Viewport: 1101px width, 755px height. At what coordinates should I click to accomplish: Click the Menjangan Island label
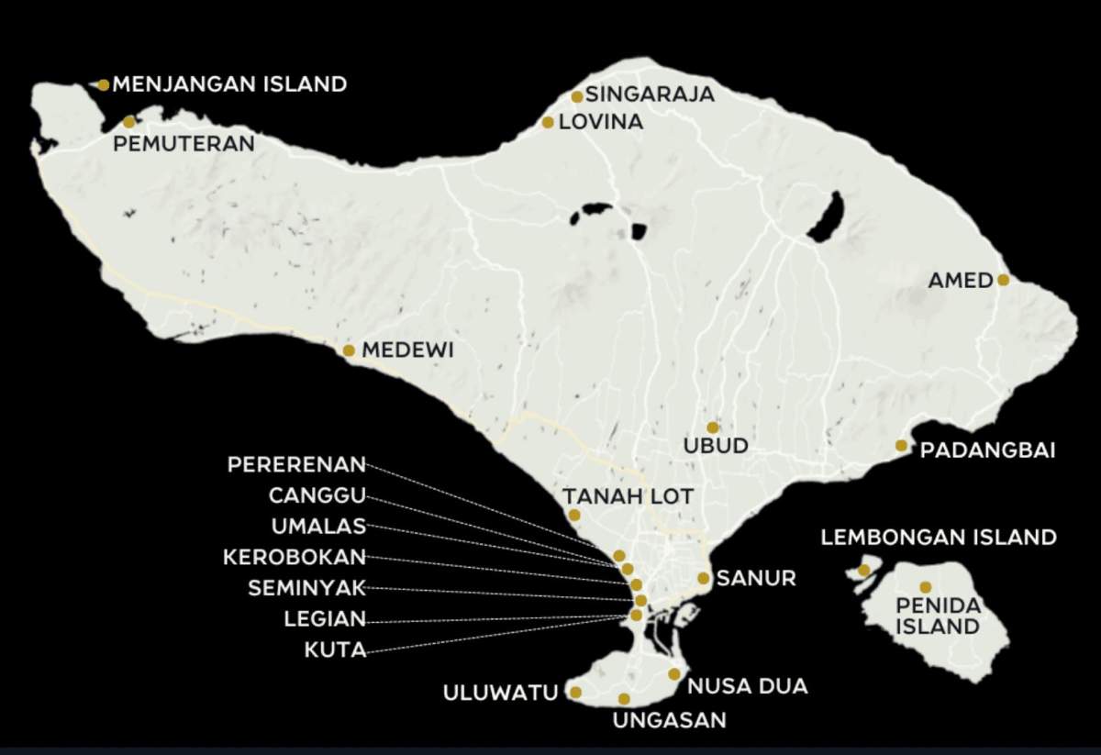[229, 84]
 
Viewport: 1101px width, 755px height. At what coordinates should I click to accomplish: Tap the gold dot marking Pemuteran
[129, 122]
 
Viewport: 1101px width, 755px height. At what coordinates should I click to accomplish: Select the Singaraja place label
[650, 94]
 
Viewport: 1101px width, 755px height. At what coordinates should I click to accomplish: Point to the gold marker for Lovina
[548, 122]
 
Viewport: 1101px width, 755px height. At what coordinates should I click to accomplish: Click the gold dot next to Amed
[1003, 280]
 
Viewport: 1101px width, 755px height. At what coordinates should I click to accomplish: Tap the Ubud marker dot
[713, 427]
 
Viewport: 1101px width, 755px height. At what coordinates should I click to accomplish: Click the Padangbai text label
[987, 450]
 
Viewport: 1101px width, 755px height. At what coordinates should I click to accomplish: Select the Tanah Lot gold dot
[574, 516]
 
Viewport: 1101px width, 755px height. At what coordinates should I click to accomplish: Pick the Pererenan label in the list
[296, 464]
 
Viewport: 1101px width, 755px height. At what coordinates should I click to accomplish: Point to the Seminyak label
[306, 588]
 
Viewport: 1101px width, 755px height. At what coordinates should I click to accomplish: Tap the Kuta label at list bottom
[335, 650]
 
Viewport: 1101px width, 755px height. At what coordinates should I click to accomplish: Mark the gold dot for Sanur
[703, 578]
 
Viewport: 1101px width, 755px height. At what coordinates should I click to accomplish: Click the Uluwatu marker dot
[575, 693]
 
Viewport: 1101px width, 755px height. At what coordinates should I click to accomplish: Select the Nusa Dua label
[748, 685]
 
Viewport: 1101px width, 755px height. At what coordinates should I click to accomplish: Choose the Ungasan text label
[669, 720]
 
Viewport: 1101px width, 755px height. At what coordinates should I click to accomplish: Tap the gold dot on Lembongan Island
[863, 571]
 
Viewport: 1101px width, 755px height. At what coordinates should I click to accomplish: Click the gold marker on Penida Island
[925, 587]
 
